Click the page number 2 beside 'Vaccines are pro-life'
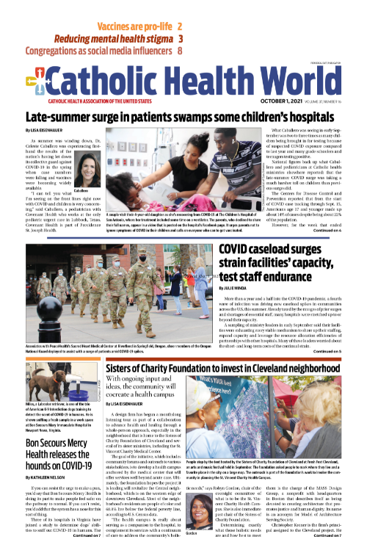coord(180,26)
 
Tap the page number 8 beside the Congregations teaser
coord(180,51)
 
